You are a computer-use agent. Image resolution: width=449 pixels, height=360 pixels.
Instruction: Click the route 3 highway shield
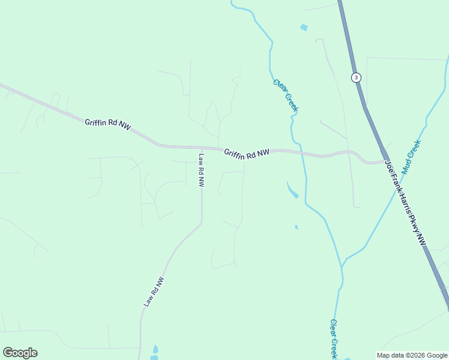pos(357,77)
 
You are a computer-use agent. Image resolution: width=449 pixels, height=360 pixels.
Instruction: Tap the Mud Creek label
pos(412,157)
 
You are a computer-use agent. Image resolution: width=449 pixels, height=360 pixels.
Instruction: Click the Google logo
pos(20,353)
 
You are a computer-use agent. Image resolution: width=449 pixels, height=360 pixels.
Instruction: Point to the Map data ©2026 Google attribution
pos(412,355)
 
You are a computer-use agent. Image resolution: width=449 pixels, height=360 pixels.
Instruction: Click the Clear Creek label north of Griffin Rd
pos(285,96)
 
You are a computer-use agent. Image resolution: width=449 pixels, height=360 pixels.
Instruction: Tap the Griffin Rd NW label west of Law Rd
pos(107,124)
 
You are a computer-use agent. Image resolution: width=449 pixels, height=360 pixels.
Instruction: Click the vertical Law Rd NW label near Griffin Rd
pos(202,170)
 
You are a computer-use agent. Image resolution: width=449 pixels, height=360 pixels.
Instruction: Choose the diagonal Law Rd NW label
pos(154,292)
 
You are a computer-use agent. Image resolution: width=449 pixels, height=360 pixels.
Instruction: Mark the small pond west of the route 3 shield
pos(304,28)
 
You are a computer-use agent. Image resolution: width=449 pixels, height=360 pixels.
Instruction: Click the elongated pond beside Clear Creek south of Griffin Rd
pos(293,191)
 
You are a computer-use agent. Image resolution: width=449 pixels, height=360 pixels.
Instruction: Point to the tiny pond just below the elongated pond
pos(296,227)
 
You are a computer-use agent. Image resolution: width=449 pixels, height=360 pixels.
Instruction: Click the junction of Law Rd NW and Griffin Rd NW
pos(201,147)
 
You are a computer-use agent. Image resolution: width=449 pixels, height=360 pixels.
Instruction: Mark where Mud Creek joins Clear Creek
pos(342,265)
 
